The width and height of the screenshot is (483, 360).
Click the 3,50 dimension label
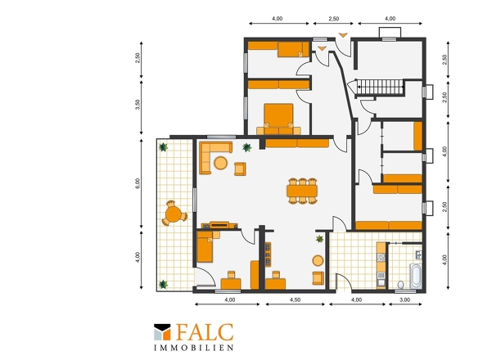(138, 105)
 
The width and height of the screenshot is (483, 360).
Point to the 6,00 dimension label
(138, 183)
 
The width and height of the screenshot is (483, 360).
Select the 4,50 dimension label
(295, 299)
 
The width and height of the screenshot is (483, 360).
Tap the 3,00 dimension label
(404, 299)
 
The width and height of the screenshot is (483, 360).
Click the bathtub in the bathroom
(416, 276)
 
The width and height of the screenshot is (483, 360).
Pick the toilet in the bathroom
(401, 285)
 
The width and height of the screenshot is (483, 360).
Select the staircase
(380, 87)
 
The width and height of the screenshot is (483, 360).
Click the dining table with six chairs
(302, 191)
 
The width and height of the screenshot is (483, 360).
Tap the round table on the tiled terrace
(174, 214)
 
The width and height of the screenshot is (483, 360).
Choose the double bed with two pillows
(279, 119)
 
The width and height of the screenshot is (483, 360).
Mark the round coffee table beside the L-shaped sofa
(221, 163)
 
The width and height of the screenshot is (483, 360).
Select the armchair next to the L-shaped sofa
(240, 169)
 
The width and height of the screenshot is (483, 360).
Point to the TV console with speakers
(219, 225)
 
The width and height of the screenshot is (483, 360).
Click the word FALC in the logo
(205, 333)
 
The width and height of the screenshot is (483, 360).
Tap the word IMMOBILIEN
(194, 348)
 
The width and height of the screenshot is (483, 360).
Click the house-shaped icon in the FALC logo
(162, 332)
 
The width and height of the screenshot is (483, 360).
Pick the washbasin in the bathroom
(418, 254)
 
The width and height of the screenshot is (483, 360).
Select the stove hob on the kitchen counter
(381, 258)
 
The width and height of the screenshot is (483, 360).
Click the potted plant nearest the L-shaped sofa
(246, 148)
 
